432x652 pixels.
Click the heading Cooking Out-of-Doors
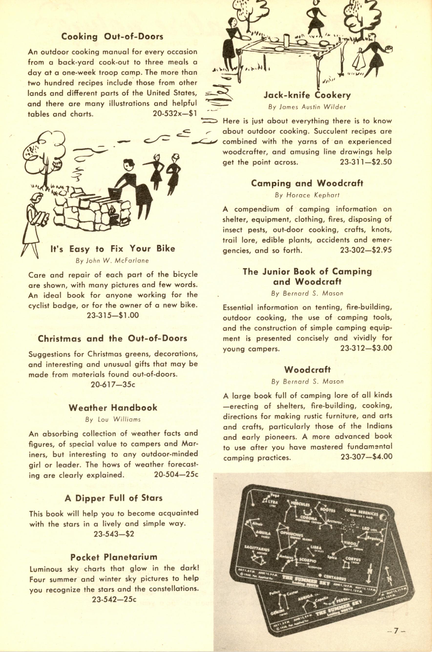(112, 36)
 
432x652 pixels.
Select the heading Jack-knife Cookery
(307, 95)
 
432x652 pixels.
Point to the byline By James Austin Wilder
(307, 107)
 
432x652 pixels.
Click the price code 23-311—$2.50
(366, 162)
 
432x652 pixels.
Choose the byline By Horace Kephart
(307, 195)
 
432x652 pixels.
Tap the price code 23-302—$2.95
(366, 250)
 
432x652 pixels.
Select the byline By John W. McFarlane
(112, 261)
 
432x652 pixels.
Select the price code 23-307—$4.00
(366, 457)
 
